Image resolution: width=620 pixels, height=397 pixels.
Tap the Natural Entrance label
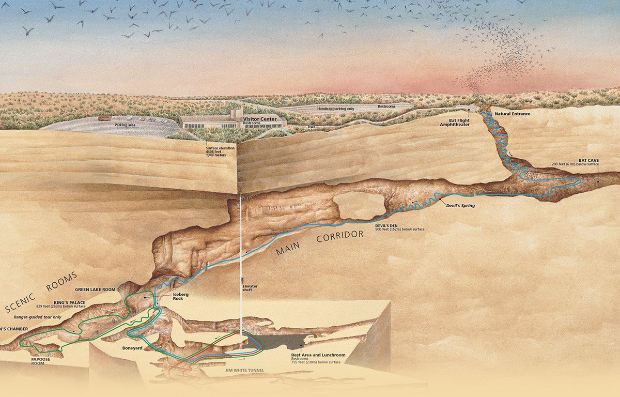(513, 113)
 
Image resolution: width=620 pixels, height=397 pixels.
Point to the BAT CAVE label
(588, 161)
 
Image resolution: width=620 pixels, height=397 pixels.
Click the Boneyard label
(118, 349)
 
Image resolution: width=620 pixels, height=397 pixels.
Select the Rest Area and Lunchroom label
(318, 355)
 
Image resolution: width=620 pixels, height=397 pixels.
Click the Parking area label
(125, 125)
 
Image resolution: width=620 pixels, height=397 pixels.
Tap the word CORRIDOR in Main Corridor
(340, 239)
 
